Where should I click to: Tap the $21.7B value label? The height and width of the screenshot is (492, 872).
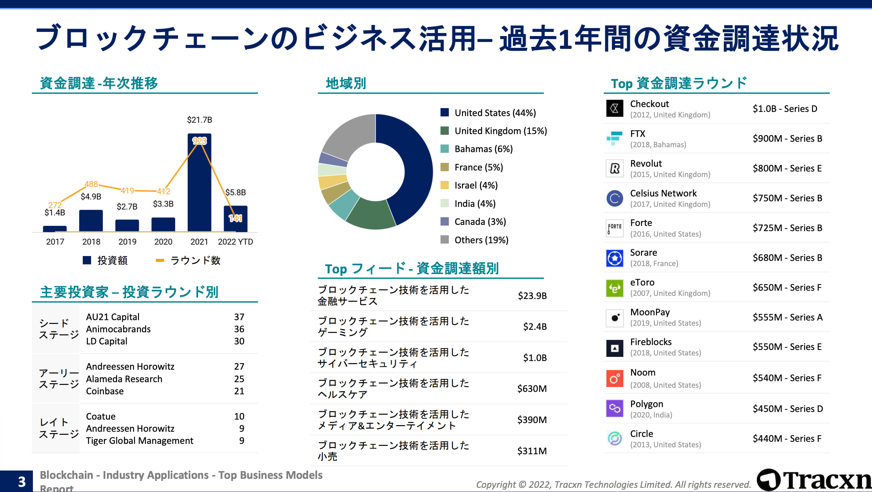199,120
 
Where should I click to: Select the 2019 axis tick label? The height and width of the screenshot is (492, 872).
127,242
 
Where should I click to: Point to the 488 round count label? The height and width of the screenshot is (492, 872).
91,184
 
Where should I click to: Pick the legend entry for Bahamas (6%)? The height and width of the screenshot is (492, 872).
483,149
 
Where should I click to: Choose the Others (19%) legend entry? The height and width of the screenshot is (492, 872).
481,240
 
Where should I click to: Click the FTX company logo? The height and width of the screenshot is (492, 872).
614,139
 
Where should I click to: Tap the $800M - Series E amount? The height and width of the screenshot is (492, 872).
787,168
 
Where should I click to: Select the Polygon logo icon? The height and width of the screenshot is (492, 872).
614,408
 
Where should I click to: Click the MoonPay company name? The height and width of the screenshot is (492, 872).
650,312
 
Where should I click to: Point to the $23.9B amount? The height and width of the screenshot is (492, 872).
532,296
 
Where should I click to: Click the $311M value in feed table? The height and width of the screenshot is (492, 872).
532,451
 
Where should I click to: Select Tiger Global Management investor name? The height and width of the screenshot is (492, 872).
140,441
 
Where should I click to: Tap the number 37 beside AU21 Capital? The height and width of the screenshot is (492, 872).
239,317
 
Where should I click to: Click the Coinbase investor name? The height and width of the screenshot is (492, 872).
105,391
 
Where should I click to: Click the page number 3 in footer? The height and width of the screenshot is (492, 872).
21,482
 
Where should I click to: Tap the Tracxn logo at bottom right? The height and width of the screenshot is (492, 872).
814,480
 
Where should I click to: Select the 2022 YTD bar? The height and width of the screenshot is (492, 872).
235,219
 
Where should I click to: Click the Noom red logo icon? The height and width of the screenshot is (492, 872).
614,378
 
